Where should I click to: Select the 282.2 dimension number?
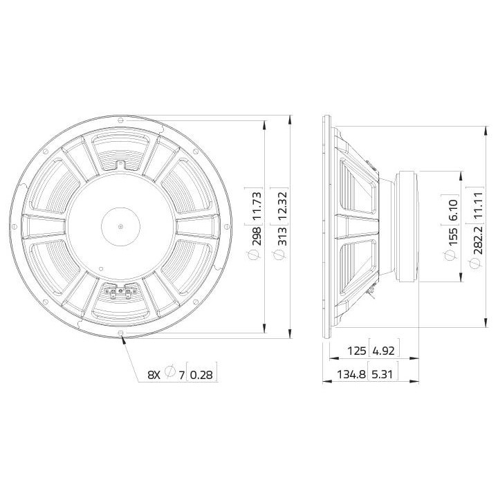click(x=476, y=239)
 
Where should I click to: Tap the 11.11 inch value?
click(x=476, y=205)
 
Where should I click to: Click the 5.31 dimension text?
click(x=387, y=375)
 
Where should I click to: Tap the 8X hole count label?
click(x=154, y=375)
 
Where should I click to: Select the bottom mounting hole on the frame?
click(x=122, y=334)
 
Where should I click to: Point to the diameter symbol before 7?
click(x=170, y=375)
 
